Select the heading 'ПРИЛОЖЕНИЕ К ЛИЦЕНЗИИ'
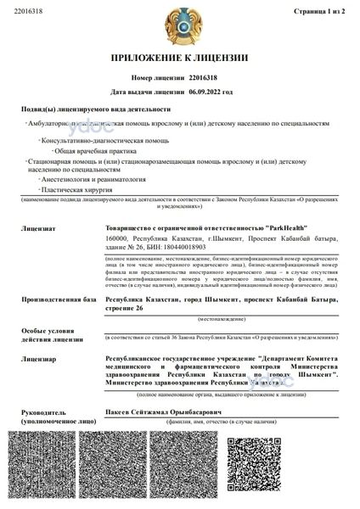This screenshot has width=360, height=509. tap(179, 59)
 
